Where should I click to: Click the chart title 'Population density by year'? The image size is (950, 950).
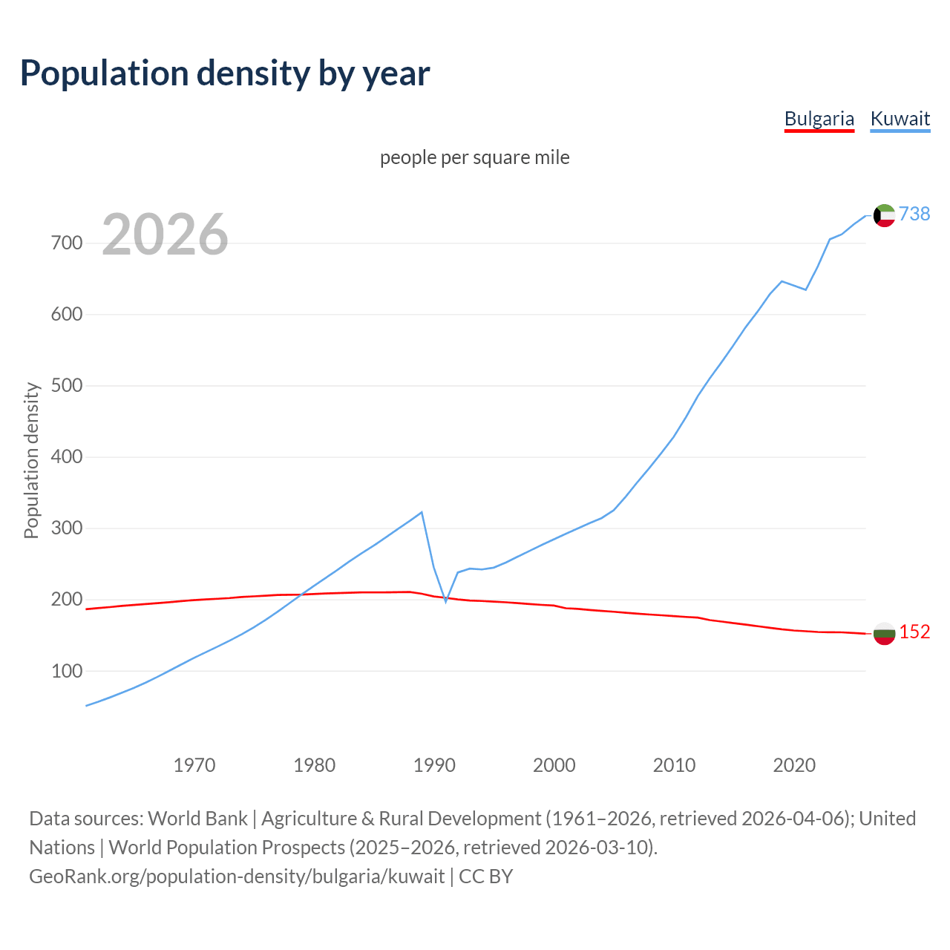[225, 73]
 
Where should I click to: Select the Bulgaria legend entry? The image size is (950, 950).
[819, 119]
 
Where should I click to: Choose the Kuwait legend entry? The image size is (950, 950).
[900, 119]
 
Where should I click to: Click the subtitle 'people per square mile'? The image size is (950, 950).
[474, 158]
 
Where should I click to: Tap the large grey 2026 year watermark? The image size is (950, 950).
[165, 235]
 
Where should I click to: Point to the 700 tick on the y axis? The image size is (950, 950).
[66, 243]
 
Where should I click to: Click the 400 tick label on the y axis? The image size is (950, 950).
[66, 457]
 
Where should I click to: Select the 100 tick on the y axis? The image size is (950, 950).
[66, 671]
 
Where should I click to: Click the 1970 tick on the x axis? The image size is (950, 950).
[194, 765]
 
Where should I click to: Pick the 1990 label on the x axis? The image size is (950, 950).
[434, 765]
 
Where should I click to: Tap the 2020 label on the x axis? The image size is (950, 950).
[794, 765]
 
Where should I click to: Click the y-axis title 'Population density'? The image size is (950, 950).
[31, 460]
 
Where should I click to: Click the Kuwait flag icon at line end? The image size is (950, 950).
[884, 215]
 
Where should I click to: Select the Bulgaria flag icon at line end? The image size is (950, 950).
[884, 633]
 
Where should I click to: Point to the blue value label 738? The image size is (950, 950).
[914, 214]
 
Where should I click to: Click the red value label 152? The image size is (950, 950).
[914, 632]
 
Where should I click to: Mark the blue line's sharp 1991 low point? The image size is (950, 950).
[446, 601]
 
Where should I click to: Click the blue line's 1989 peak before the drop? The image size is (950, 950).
[422, 512]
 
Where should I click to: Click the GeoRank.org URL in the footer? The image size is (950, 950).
[237, 877]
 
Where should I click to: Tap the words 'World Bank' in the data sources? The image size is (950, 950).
[197, 819]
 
